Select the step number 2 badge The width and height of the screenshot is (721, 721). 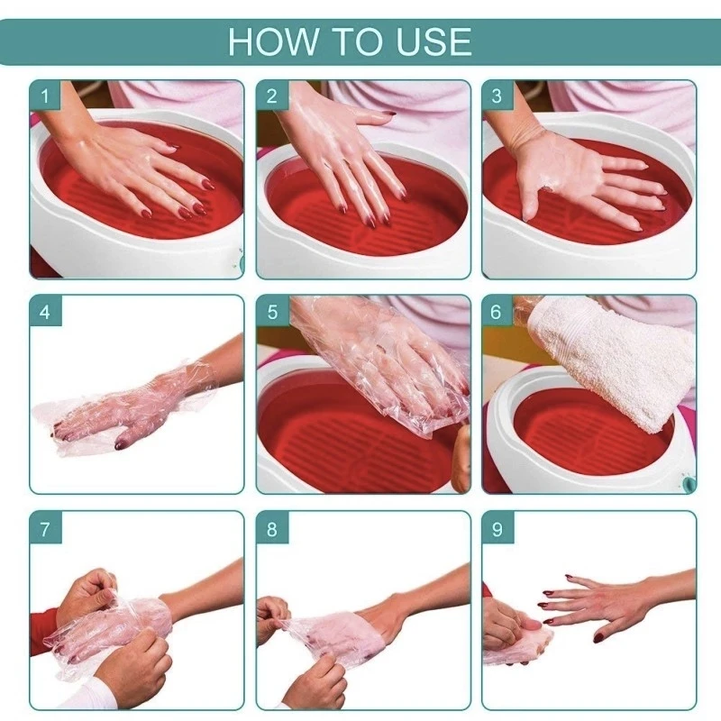pyautogui.click(x=271, y=96)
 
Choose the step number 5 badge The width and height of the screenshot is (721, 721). pyautogui.click(x=271, y=312)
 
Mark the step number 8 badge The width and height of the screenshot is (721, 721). pyautogui.click(x=271, y=528)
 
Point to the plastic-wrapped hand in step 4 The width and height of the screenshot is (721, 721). pyautogui.click(x=126, y=406)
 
